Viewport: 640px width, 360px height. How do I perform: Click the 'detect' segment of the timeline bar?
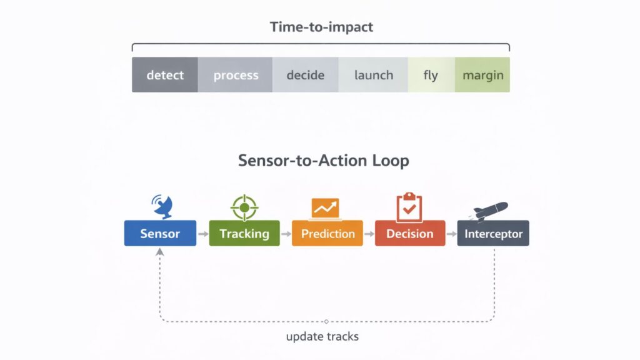click(165, 75)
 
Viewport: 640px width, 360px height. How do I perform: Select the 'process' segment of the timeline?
click(235, 75)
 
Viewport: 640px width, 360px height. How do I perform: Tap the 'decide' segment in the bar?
click(305, 75)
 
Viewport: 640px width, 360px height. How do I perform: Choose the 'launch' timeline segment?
click(373, 75)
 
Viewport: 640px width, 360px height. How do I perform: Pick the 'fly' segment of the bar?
click(431, 75)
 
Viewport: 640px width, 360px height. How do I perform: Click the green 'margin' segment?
click(482, 75)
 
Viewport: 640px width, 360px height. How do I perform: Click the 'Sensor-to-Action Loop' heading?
click(323, 161)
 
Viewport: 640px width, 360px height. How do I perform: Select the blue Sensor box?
click(160, 234)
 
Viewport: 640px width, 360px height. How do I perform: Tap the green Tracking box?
click(244, 234)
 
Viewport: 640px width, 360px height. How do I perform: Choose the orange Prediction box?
click(327, 234)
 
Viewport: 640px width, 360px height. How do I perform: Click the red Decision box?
click(410, 234)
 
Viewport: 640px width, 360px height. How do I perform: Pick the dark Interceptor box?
click(493, 234)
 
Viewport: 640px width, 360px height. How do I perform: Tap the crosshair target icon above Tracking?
click(244, 206)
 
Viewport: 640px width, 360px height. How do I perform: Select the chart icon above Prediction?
click(326, 208)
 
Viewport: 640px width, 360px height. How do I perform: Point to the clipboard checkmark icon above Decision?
click(409, 207)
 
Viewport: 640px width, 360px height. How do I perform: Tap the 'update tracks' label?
click(322, 337)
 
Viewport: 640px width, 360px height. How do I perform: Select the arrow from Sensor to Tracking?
click(202, 234)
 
